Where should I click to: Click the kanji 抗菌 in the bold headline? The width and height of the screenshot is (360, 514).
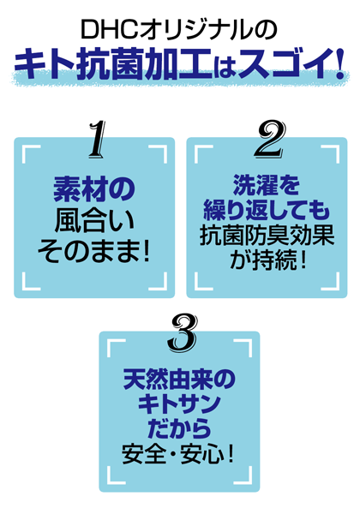111,64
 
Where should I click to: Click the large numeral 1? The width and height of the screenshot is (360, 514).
97,140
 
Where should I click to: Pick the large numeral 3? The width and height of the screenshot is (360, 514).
183,332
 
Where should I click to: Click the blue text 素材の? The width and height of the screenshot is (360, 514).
94,189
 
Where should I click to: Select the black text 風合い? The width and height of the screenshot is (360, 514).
95,221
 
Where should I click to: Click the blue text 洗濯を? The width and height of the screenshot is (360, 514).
267,185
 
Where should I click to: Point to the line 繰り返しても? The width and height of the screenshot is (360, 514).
267,210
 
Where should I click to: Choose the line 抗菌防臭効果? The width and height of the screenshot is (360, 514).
267,235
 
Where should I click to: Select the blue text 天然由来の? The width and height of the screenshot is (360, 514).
179,380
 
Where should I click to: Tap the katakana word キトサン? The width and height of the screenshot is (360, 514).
179,403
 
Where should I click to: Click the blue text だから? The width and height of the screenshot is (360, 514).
180,429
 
